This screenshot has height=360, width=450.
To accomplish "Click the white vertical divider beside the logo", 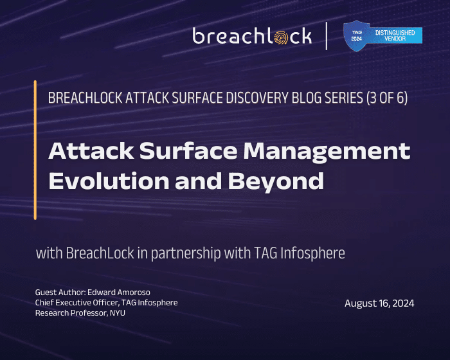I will [x=327, y=36].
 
